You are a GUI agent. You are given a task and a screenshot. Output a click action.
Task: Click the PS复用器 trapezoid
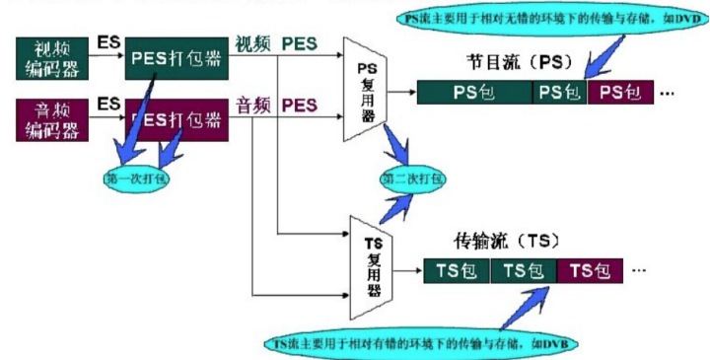pos(367,88)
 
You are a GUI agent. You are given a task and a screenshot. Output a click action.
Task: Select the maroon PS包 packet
pos(620,93)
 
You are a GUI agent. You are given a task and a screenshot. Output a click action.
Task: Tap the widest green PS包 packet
pos(474,93)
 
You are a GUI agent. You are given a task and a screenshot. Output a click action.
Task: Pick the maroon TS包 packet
pos(590,270)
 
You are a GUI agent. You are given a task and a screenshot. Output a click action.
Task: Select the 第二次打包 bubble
pos(413,180)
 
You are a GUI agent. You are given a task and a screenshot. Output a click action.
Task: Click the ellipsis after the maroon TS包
pos(639,270)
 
